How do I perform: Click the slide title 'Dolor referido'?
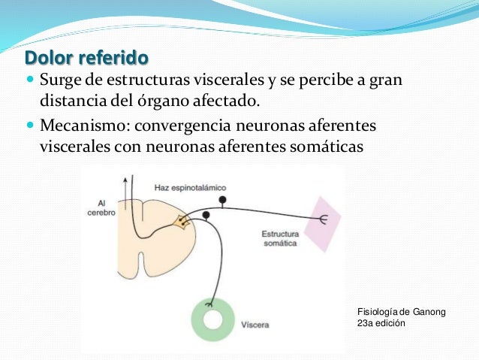pos(86,58)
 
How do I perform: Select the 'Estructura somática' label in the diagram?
pos(280,239)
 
